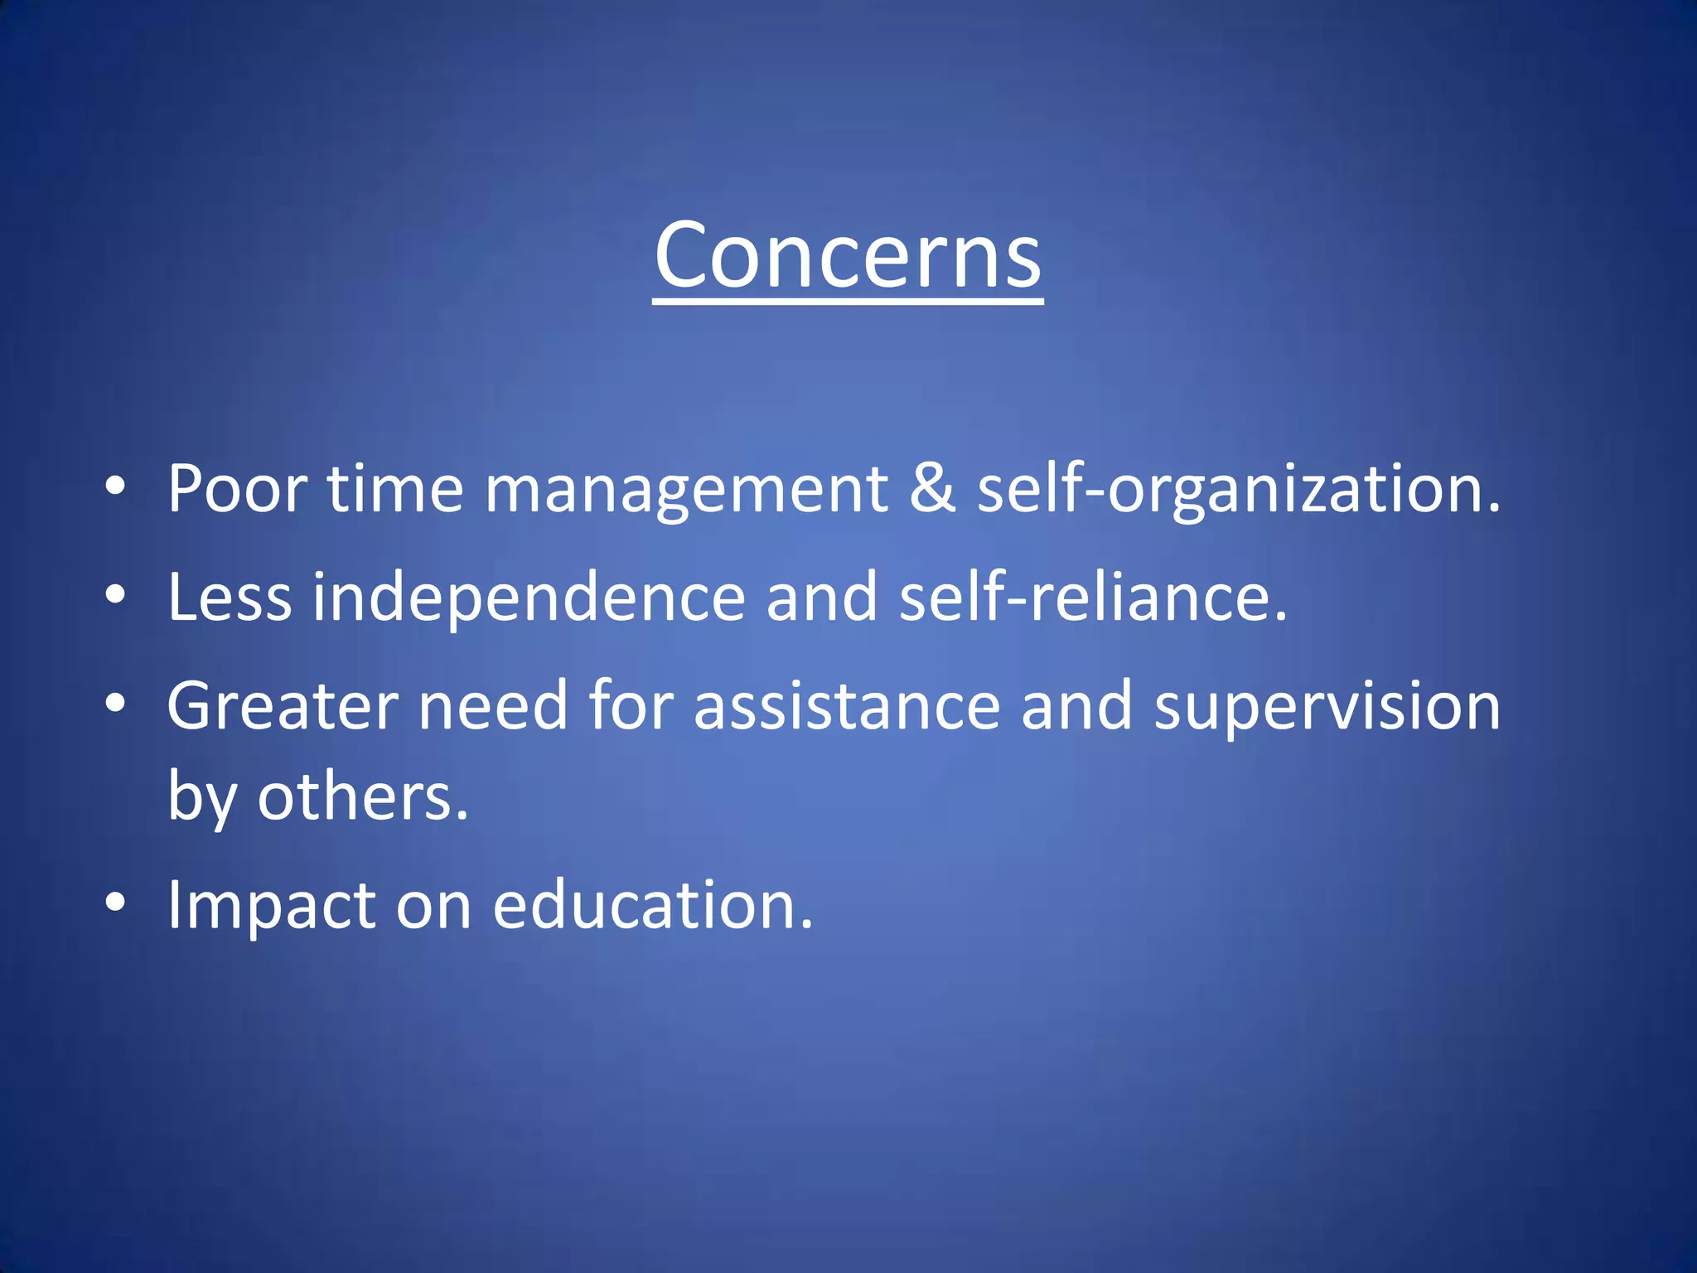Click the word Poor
tap(238, 489)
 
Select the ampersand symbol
tap(932, 489)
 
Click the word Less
tap(230, 597)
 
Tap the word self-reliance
tap(1092, 597)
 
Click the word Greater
tap(283, 706)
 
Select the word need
tap(492, 706)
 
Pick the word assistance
tap(847, 706)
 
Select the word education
tap(652, 905)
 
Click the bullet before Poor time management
tap(115, 486)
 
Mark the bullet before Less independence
tap(115, 594)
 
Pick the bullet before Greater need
tap(115, 704)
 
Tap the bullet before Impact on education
tap(115, 903)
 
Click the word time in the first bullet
tap(395, 489)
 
